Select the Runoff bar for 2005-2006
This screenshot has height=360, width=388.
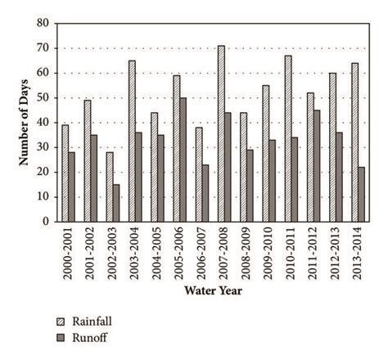(183, 160)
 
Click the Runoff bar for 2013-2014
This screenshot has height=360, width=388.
(361, 194)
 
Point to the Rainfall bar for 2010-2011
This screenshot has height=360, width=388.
(287, 138)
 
